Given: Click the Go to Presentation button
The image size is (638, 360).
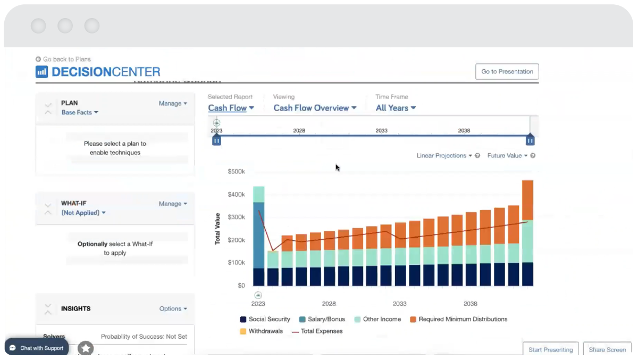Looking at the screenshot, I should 507,72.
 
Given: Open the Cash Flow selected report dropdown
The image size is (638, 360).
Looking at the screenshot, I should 231,108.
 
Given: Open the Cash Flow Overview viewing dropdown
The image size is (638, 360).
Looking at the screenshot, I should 315,108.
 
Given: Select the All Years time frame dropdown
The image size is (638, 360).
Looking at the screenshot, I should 396,108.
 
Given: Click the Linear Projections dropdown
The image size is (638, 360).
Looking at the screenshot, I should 444,156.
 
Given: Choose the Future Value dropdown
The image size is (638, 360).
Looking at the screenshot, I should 507,156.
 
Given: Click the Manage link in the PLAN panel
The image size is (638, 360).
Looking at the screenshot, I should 173,104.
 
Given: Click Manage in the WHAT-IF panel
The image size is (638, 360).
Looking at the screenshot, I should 173,204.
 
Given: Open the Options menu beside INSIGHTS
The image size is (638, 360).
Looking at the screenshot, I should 173,309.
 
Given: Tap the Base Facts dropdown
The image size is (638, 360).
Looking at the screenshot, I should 80,113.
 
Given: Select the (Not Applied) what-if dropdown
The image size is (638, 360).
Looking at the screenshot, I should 83,213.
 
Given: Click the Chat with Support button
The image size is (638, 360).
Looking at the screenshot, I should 36,348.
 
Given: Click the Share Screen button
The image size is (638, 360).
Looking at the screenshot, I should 607,350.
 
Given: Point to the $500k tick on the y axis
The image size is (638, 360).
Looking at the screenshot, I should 236,172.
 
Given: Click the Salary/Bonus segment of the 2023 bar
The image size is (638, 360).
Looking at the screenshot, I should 258,234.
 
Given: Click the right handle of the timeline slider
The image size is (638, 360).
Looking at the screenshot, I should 530,140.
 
